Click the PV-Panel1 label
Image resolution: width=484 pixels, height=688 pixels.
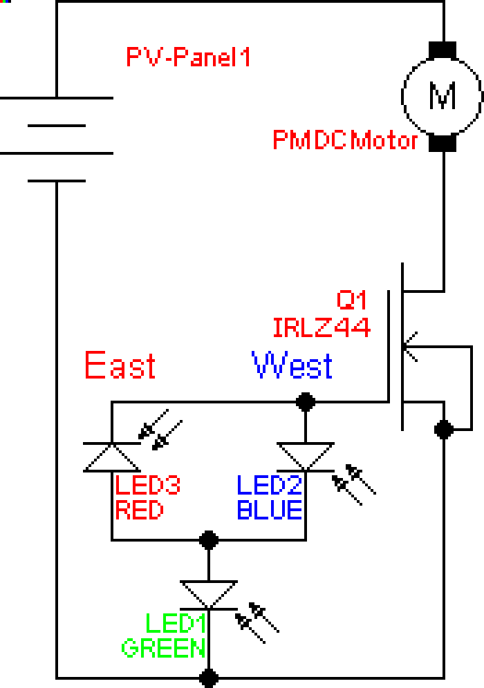pyautogui.click(x=187, y=57)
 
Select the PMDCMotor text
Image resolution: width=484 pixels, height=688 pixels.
pyautogui.click(x=345, y=140)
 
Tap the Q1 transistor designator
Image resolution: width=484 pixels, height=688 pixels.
pyautogui.click(x=351, y=300)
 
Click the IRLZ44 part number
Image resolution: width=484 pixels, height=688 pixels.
pyautogui.click(x=322, y=327)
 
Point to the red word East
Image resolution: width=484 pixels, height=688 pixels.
pyautogui.click(x=120, y=365)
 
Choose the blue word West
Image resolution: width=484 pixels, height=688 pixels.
pyautogui.click(x=292, y=365)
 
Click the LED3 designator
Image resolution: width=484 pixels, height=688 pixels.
pyautogui.click(x=147, y=486)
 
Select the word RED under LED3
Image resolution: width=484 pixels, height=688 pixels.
pyautogui.click(x=139, y=510)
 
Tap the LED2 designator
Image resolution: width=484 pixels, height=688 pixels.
pyautogui.click(x=269, y=486)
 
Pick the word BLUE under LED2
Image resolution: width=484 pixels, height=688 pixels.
pyautogui.click(x=269, y=510)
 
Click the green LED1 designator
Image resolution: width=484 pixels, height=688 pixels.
pyautogui.click(x=176, y=624)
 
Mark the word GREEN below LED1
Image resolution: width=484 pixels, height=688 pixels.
pyautogui.click(x=163, y=649)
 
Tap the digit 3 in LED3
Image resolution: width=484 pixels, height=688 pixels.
pyautogui.click(x=173, y=486)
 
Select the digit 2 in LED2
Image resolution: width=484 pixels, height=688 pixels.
pyautogui.click(x=295, y=486)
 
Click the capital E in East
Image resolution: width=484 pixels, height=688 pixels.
pyautogui.click(x=94, y=365)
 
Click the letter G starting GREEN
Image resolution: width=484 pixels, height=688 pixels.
pyautogui.click(x=129, y=649)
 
